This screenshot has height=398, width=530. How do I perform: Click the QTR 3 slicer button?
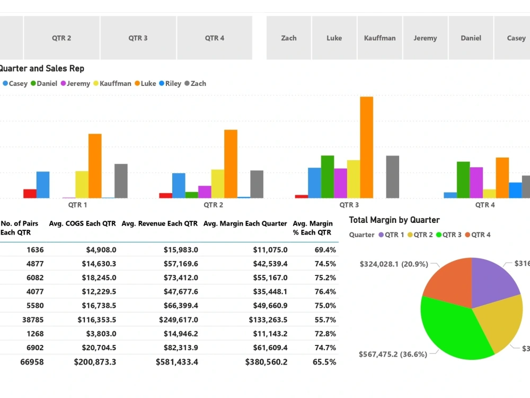[x=138, y=38]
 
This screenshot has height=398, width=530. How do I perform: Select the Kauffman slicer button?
[x=379, y=38]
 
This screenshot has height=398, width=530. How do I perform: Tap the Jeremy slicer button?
[x=425, y=38]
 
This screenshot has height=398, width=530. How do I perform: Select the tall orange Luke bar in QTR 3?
[x=367, y=147]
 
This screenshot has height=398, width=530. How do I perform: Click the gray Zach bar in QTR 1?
[x=121, y=181]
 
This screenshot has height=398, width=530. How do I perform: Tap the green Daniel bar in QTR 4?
[x=463, y=180]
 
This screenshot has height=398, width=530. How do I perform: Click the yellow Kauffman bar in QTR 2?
[x=217, y=184]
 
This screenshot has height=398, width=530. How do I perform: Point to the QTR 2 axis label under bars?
[x=213, y=205]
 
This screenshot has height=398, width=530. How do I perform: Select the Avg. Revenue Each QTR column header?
[x=160, y=223]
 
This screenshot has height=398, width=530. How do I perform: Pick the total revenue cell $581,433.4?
[x=177, y=362]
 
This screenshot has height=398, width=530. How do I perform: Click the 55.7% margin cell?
[x=325, y=319]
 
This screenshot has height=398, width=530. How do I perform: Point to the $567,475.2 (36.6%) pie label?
[x=393, y=354]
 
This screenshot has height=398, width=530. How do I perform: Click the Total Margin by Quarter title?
[x=394, y=220]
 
